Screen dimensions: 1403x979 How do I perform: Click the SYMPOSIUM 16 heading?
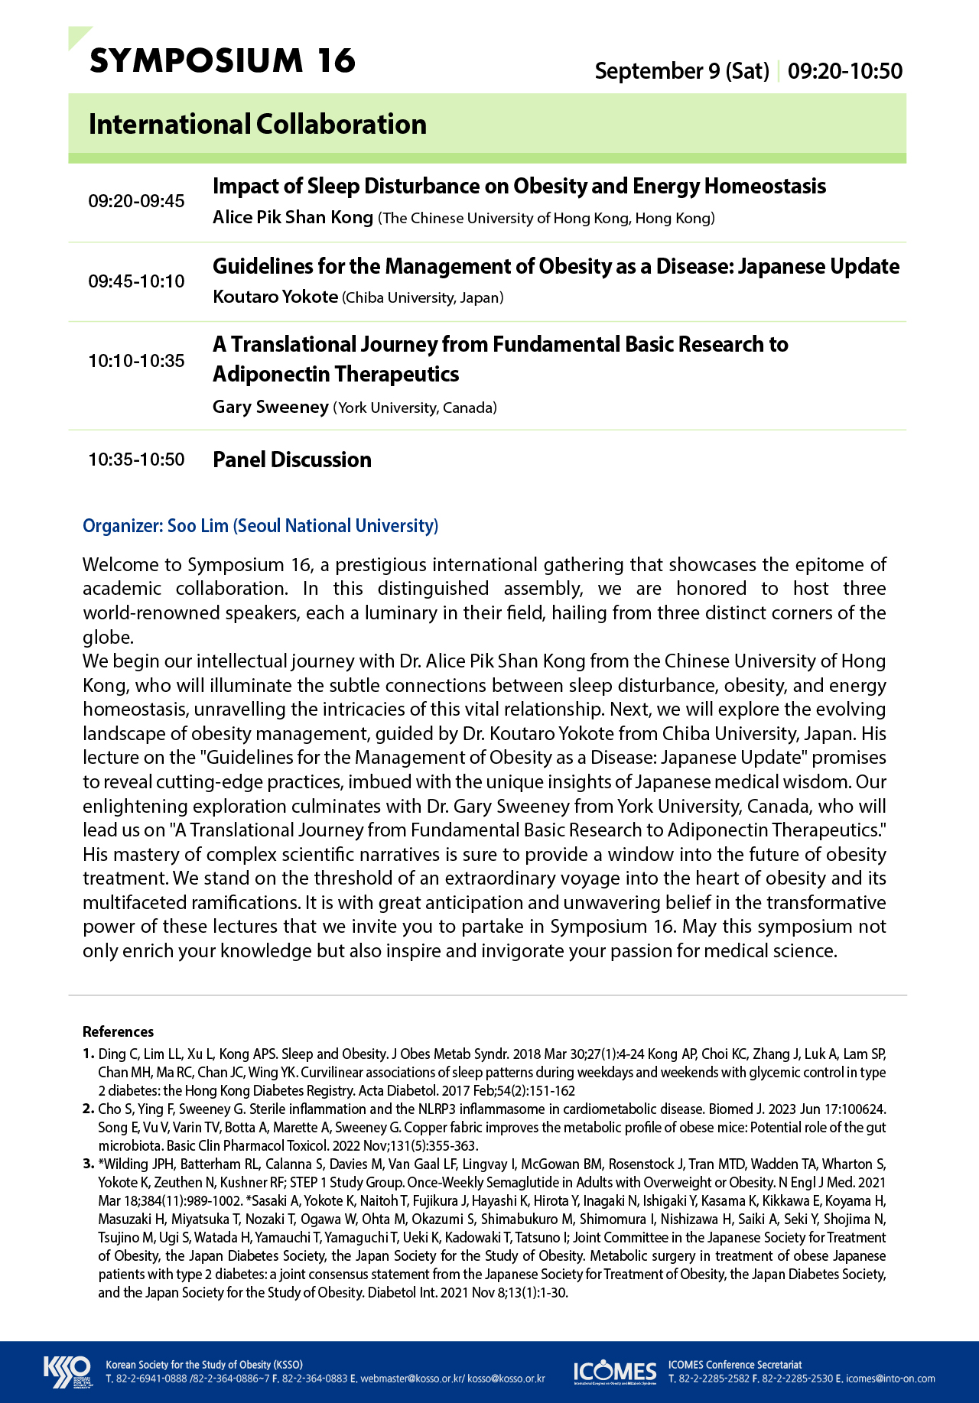223,61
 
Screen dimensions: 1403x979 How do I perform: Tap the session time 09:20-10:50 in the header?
845,71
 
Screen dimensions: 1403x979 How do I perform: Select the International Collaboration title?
258,124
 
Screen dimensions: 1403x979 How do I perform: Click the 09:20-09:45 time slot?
136,201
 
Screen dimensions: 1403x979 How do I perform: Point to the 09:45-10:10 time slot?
136,281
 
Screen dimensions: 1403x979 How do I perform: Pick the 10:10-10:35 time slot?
136,361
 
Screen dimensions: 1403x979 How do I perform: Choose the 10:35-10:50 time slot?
136,460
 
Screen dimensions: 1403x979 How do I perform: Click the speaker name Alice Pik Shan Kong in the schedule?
293,217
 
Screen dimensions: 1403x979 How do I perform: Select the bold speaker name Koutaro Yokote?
275,297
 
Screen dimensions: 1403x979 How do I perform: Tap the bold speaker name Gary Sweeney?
271,407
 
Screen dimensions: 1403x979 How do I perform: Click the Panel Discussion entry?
292,460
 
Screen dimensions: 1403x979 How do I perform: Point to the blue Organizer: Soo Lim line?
261,526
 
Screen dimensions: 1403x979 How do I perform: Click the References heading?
118,1031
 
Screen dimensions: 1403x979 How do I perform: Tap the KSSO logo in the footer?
67,1372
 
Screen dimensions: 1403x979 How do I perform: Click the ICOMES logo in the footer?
615,1372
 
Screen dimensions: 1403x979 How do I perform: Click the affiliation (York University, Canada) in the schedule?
415,408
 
